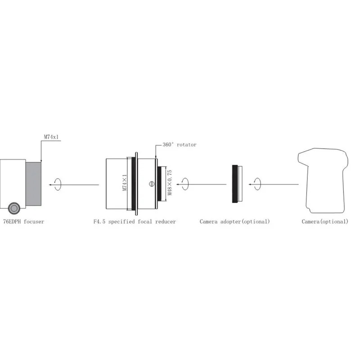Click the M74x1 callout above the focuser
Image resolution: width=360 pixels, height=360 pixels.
click(51, 137)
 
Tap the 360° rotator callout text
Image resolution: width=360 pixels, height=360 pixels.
click(180, 144)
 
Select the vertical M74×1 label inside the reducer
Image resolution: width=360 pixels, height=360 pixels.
click(125, 183)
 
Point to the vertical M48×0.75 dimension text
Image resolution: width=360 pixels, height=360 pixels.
click(170, 183)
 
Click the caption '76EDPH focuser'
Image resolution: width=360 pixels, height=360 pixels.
click(24, 221)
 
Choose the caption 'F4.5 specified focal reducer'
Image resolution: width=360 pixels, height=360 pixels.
click(135, 221)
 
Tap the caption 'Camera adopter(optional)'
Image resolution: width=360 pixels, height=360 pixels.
click(234, 221)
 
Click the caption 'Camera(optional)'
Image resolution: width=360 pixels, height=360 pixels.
click(325, 221)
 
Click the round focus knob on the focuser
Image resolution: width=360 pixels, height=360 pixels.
click(14, 208)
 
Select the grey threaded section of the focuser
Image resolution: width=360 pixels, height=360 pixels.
click(33, 184)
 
